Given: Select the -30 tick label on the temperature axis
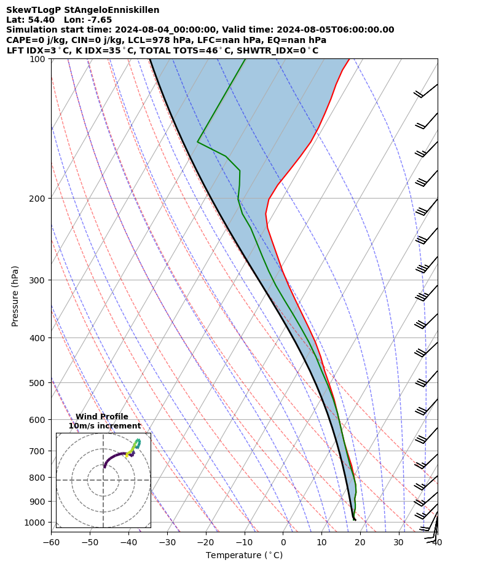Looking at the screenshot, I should (x=167, y=543).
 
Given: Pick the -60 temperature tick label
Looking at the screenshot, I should (x=51, y=543).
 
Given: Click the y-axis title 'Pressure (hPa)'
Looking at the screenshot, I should (x=15, y=296).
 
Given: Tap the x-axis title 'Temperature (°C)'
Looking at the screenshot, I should (x=244, y=556).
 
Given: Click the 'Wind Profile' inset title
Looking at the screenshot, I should (x=102, y=417).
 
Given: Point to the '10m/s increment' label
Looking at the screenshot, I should (x=104, y=426).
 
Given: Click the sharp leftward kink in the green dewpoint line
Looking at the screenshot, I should (x=198, y=142).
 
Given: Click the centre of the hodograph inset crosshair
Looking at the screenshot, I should (x=103, y=480).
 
